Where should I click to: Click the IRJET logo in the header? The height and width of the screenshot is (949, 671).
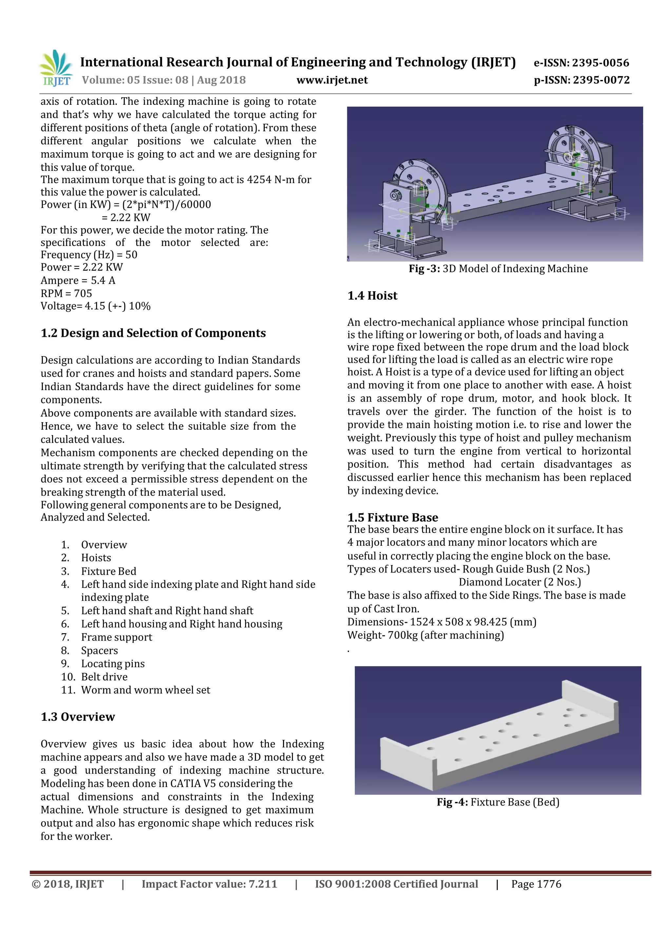click(x=56, y=68)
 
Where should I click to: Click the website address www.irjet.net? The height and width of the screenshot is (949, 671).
click(x=332, y=80)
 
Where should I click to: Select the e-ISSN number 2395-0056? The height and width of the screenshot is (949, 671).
click(x=600, y=63)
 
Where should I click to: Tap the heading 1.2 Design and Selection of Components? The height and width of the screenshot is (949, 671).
click(x=153, y=333)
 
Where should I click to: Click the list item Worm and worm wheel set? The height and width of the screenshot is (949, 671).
click(x=145, y=690)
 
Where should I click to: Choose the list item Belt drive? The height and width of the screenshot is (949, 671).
click(x=104, y=677)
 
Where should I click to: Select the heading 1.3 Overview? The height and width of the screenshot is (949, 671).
click(x=78, y=717)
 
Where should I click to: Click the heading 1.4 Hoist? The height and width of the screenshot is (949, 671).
click(x=372, y=295)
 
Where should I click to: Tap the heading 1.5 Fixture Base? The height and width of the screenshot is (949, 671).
click(x=393, y=518)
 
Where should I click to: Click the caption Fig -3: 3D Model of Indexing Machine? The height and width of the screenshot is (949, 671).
click(x=498, y=269)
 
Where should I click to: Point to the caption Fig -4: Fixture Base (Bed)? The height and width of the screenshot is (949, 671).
click(x=498, y=802)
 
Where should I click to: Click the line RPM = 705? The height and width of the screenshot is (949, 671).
click(x=66, y=294)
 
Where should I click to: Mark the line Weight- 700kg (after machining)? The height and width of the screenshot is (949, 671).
click(x=425, y=635)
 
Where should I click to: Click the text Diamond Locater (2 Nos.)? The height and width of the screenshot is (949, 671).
click(x=520, y=582)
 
